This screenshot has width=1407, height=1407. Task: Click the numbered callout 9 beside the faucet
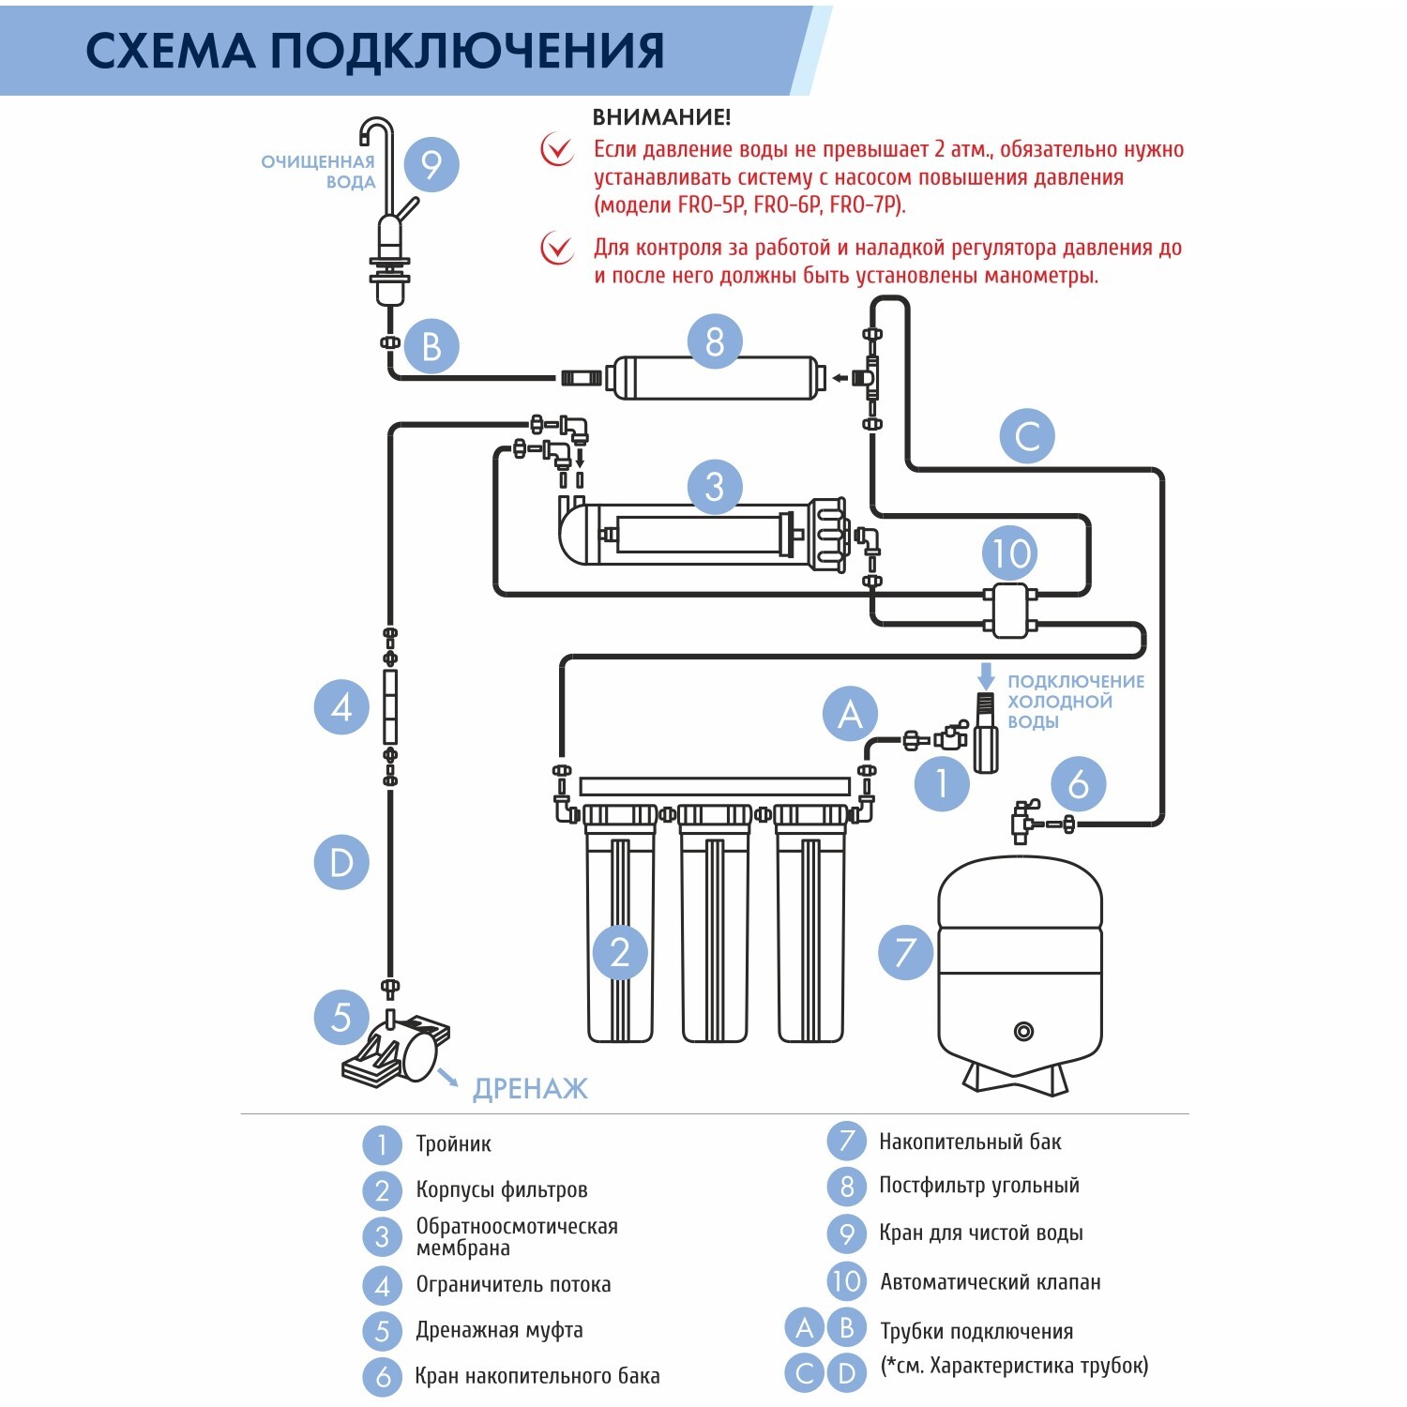[431, 165]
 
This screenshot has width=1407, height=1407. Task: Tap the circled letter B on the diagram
[431, 346]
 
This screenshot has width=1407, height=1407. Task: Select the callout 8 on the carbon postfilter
[715, 341]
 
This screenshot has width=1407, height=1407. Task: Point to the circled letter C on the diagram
[1027, 436]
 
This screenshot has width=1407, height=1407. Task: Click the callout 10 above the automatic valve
[1011, 553]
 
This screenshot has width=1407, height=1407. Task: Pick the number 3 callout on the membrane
[715, 487]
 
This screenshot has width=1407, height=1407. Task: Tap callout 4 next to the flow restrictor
[341, 707]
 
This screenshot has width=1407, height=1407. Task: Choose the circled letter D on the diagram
[341, 862]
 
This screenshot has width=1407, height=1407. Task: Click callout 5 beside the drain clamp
[341, 1017]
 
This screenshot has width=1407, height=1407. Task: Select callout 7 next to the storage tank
[905, 952]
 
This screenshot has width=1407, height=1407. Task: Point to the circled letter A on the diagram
[850, 714]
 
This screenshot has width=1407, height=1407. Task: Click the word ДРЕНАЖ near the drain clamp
[530, 1089]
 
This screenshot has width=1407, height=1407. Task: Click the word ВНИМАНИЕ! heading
[661, 117]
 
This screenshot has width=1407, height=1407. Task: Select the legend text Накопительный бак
[970, 1142]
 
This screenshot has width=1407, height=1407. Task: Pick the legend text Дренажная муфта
[499, 1330]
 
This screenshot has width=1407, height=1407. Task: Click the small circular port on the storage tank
[1023, 1032]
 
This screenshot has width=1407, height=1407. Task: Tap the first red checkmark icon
[557, 149]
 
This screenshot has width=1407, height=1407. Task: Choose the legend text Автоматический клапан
[991, 1281]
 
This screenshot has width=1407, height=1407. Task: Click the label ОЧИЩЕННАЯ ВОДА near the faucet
[319, 172]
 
